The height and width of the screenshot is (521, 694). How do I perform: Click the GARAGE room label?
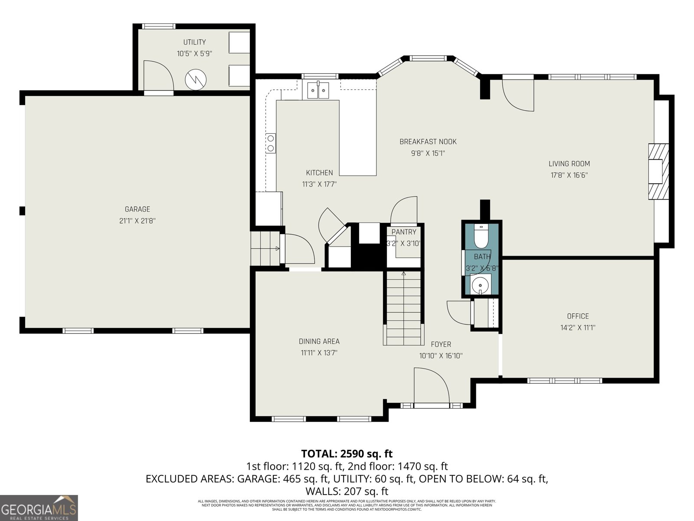[x=137, y=209]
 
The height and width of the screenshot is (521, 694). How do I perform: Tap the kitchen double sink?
[x=318, y=90]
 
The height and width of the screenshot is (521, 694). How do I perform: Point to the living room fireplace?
[x=658, y=171]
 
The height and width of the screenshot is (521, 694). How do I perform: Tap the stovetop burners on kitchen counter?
[x=271, y=143]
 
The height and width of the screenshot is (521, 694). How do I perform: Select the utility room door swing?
[x=158, y=76]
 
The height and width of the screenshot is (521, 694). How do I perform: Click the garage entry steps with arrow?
[x=265, y=248]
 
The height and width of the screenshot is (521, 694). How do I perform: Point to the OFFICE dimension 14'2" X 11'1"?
[x=578, y=328]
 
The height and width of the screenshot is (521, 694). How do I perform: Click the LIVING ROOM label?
[x=569, y=164]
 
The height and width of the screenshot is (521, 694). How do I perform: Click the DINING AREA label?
[x=319, y=341]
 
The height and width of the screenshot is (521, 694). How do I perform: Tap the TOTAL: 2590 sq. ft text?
[x=347, y=454]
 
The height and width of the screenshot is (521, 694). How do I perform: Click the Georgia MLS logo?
[x=39, y=508]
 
